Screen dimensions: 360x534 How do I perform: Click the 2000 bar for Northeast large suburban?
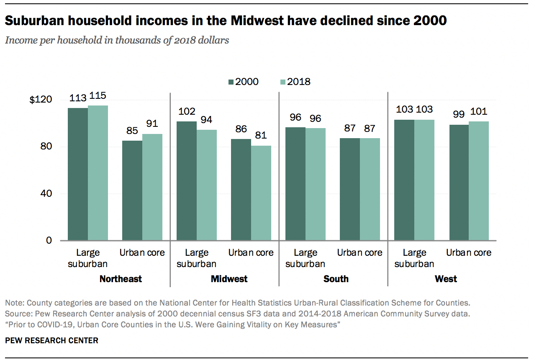point(78,174)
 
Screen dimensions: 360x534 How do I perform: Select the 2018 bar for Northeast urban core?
point(152,187)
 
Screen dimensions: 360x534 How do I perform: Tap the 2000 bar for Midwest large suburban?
point(187,181)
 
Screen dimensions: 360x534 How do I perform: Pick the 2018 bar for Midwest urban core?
point(261,193)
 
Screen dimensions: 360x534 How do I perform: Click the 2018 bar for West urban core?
point(479,181)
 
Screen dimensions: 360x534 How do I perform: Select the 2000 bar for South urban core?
point(350,189)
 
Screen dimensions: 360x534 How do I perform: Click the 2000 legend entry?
point(244,82)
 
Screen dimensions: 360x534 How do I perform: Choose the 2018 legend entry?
point(295,82)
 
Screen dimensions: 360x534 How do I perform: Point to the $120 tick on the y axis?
point(41,100)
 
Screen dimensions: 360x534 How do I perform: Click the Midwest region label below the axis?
point(229,279)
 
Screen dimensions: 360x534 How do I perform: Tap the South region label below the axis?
point(336,279)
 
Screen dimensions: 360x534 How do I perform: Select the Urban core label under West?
point(469,253)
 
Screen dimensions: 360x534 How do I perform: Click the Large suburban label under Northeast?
point(88,258)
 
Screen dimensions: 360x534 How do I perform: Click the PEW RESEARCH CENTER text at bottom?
point(51,341)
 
